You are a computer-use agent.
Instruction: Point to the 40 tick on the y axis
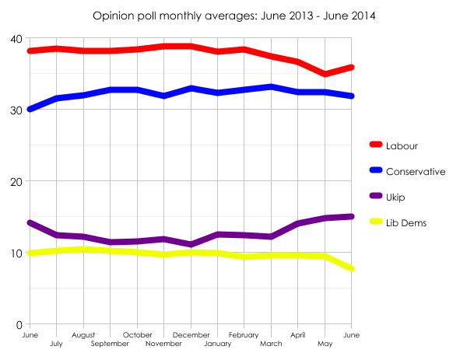click(16, 39)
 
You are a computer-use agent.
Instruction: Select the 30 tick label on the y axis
click(16, 110)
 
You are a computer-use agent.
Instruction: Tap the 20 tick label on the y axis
click(16, 182)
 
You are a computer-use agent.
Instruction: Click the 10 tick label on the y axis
click(16, 253)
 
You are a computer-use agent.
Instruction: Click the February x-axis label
click(244, 335)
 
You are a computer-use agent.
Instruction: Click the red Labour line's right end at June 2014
click(352, 68)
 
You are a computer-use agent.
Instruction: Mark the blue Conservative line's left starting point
click(30, 109)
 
